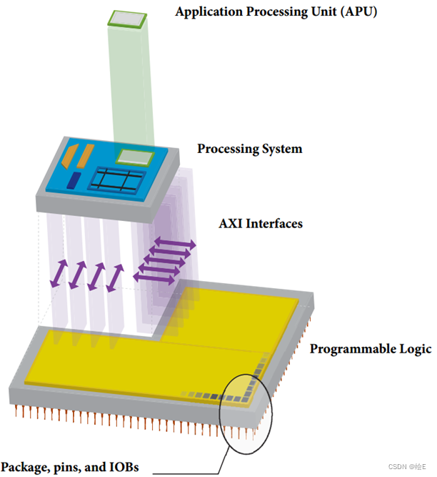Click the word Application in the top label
pos(206,12)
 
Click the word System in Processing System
pos(281,149)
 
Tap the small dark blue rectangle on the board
pos(74,181)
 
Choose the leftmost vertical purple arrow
pos(59,273)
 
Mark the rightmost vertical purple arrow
pos(114,277)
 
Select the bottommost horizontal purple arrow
pos(154,280)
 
